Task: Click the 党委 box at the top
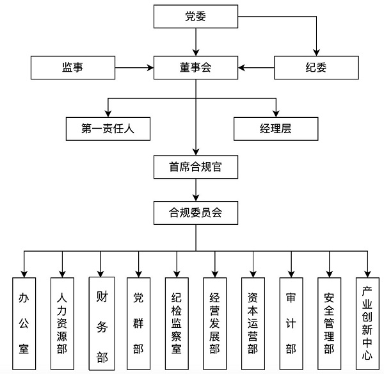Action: click(195, 17)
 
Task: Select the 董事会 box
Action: click(195, 67)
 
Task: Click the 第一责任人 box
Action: click(108, 129)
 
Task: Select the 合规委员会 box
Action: click(195, 212)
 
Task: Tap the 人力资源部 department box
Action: click(62, 323)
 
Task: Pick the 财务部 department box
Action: click(101, 323)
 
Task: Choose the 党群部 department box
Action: click(139, 323)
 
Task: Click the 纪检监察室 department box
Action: click(177, 323)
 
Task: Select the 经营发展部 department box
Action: click(215, 323)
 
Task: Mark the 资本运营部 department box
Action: click(253, 323)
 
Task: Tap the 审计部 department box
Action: click(291, 323)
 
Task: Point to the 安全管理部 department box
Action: click(330, 323)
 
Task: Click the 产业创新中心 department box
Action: click(368, 323)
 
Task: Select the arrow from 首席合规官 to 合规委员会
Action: click(195, 190)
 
